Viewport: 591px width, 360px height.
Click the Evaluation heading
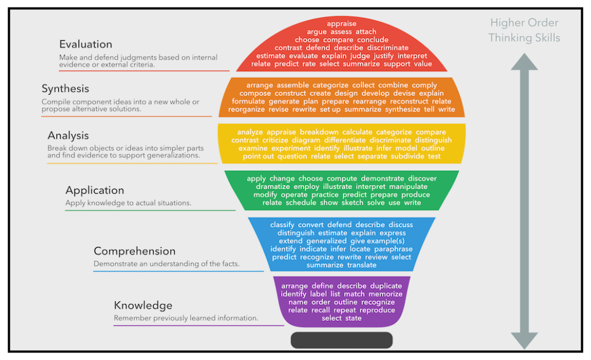pos(85,44)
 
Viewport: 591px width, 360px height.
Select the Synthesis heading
pos(65,89)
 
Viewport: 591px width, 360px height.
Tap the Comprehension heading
pos(134,251)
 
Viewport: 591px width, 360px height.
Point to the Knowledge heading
pos(143,305)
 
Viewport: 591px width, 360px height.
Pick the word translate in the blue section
pos(362,265)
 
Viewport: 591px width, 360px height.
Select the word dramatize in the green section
pos(273,186)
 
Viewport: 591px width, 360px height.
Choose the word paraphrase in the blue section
pos(391,249)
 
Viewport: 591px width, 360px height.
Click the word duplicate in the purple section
pos(386,286)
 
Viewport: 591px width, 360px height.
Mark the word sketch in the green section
pos(352,202)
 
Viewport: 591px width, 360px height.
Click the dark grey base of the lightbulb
pos(342,340)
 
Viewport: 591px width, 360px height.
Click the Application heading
pos(95,190)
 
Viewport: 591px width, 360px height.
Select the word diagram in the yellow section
pos(306,140)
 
